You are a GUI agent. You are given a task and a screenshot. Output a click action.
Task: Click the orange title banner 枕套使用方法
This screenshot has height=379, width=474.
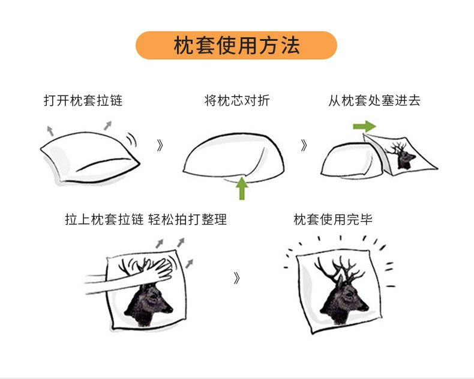pos(236,46)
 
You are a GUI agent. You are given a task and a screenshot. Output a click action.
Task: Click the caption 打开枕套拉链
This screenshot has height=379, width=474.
pos(83,100)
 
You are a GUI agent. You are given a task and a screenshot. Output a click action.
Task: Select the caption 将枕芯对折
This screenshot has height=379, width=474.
pos(237,100)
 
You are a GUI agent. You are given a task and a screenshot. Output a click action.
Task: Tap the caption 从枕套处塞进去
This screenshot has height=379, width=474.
pos(374,100)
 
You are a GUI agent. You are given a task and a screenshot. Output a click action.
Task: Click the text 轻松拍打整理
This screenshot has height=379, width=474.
pos(187,219)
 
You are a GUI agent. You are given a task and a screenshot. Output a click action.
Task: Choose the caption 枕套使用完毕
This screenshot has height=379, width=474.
pos(333,219)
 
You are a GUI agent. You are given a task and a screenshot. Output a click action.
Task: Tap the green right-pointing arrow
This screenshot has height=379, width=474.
pos(364,126)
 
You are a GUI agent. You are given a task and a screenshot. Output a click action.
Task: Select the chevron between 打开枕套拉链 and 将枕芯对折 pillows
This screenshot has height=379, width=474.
pos(160,145)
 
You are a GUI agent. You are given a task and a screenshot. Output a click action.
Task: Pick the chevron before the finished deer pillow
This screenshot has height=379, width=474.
pos(236,278)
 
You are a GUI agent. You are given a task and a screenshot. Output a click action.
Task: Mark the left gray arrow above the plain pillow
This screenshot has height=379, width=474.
pos(50,130)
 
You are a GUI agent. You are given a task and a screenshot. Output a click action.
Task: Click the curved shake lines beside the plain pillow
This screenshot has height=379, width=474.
pos(131,139)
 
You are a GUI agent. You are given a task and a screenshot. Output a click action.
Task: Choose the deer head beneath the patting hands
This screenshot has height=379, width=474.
pos(146,303)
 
